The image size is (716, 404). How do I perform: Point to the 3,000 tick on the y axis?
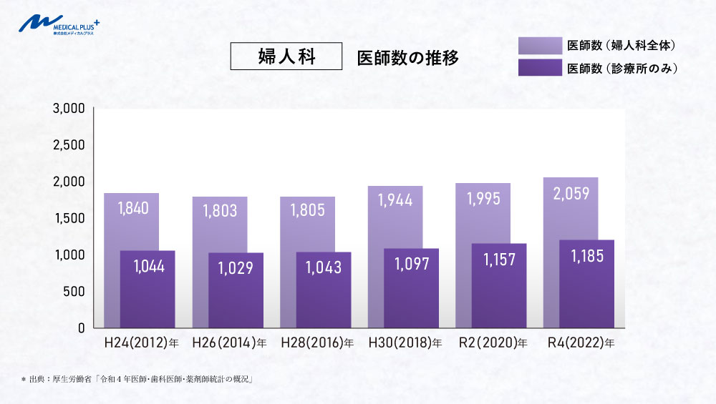click(69, 109)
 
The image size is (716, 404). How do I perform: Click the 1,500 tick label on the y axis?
click(69, 218)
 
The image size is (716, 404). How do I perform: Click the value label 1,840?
click(131, 208)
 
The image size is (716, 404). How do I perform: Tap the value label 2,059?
click(571, 193)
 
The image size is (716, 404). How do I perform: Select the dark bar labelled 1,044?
click(147, 300)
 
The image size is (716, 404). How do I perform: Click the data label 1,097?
click(411, 264)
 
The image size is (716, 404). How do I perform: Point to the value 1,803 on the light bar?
click(220, 211)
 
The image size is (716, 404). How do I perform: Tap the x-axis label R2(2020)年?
click(493, 343)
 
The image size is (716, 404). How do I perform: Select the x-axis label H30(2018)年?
click(405, 343)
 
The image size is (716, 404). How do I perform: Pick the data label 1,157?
click(499, 259)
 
